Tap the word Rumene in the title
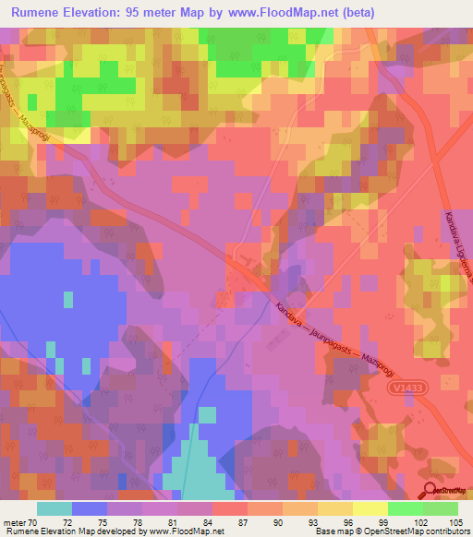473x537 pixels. click(x=39, y=13)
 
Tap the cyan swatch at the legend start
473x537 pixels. click(x=55, y=507)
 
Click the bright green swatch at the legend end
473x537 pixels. click(x=441, y=507)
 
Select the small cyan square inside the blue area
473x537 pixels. click(x=67, y=299)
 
